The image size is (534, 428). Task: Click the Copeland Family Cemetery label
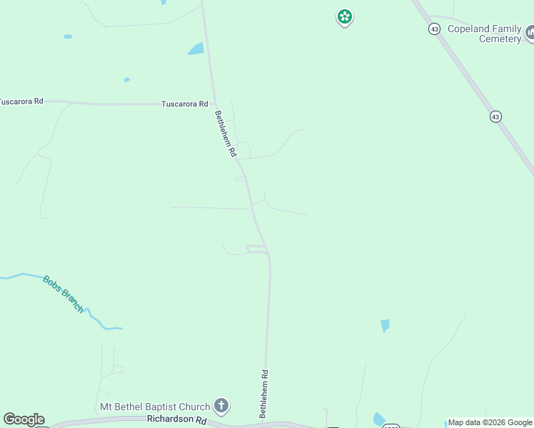click(485, 34)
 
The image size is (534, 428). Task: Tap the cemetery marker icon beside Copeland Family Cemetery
click(530, 32)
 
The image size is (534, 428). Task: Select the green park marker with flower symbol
click(345, 16)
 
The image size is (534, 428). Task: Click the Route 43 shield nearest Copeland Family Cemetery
click(434, 29)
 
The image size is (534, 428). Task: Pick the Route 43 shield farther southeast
click(495, 116)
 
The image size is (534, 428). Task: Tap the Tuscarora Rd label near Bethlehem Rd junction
click(184, 103)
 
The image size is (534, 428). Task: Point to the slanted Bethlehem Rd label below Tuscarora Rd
click(225, 133)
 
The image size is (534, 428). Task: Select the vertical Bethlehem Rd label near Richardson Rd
click(263, 394)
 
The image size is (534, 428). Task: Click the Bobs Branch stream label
click(63, 294)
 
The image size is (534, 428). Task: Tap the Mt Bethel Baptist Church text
click(154, 407)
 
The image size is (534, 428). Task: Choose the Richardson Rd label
click(176, 419)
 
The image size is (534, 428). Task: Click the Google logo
click(24, 419)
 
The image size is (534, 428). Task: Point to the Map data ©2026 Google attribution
click(490, 422)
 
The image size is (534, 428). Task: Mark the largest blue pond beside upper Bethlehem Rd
click(196, 49)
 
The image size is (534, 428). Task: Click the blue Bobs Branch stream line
click(21, 275)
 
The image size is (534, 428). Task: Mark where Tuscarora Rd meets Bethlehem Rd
click(214, 105)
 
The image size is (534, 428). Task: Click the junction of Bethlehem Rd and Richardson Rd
click(264, 422)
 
